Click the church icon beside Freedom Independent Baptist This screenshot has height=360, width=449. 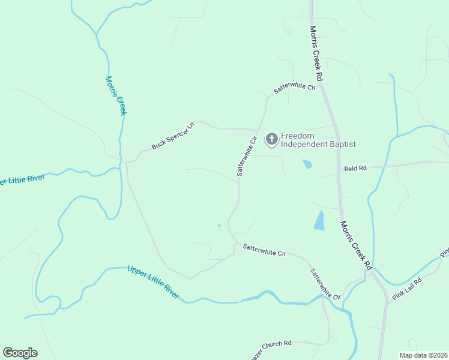(271, 139)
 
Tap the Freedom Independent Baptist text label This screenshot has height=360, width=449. (319, 140)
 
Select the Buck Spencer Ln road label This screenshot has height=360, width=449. (173, 136)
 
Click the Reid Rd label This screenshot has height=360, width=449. (355, 169)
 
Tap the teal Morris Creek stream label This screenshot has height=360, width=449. (116, 95)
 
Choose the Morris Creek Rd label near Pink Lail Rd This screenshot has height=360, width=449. (356, 245)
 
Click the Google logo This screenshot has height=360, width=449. (20, 353)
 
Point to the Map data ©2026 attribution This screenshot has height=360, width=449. (423, 355)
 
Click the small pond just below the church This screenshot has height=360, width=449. (307, 164)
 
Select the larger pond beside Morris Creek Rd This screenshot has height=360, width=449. (319, 221)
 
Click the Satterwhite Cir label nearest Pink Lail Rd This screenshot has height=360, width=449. (325, 283)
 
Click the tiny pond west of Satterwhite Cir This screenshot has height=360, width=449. (219, 225)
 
